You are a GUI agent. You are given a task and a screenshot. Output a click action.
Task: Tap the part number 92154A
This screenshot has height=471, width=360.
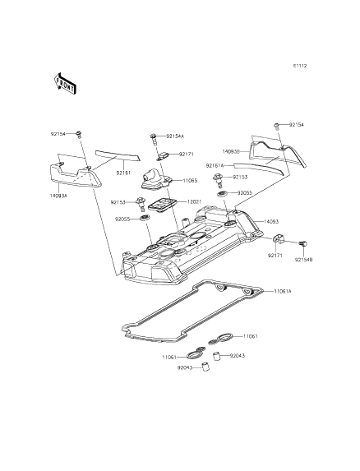(x=175, y=136)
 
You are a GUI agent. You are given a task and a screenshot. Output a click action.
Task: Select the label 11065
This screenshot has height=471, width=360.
(x=189, y=179)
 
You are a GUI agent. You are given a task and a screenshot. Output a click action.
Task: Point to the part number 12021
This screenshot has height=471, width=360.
(x=194, y=201)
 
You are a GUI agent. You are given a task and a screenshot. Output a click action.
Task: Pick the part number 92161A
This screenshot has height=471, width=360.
(x=215, y=165)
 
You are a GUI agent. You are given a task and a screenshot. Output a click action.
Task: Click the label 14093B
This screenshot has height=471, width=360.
(x=230, y=151)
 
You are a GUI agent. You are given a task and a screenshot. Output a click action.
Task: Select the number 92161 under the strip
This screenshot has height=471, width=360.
(x=123, y=173)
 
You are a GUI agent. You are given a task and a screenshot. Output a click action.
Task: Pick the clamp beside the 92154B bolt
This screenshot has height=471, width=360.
(x=278, y=239)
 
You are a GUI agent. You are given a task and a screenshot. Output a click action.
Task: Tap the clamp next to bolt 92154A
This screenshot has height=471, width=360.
(x=162, y=155)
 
